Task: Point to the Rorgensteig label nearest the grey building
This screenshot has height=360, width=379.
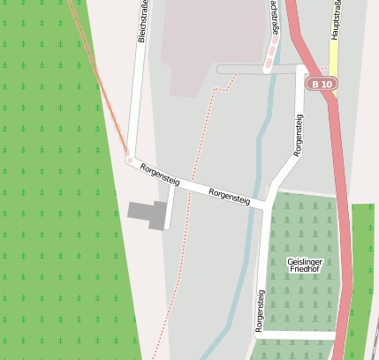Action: pos(160,175)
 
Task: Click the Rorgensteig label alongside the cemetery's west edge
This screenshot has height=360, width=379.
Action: pos(260,311)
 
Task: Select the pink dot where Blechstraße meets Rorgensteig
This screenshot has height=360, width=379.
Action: pos(130,161)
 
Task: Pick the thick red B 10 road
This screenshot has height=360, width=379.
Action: pos(339,176)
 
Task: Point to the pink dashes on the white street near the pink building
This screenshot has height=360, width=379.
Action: pos(269,53)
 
